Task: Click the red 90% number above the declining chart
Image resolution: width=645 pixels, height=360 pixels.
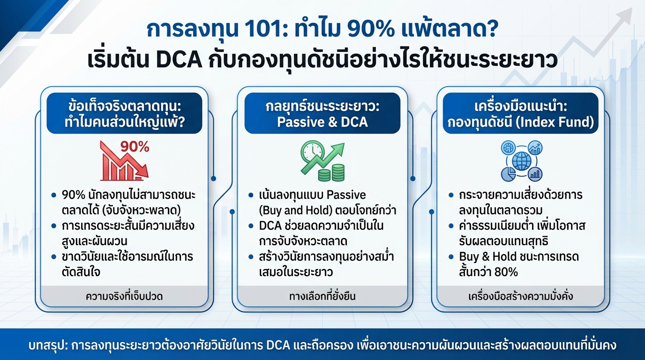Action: click(x=135, y=147)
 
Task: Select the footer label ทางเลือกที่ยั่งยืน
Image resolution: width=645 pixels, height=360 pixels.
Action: click(x=322, y=296)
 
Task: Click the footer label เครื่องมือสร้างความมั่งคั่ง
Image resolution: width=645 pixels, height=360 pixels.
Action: click(x=521, y=296)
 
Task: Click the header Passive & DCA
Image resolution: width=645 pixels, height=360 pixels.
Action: click(x=322, y=122)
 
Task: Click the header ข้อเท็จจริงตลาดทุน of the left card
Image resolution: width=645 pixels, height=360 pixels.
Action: click(x=124, y=105)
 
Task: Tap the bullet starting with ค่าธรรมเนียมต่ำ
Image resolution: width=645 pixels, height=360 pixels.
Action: click(x=519, y=226)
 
